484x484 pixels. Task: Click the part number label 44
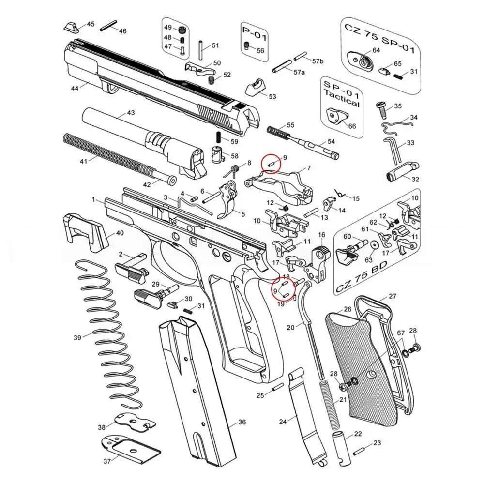(75, 89)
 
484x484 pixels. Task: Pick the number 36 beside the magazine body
(242, 422)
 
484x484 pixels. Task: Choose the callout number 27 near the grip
(393, 296)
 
